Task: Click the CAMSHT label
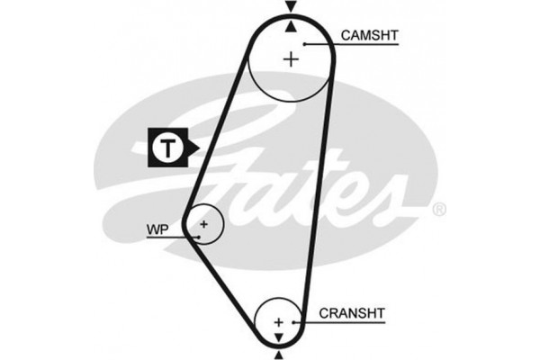(369, 35)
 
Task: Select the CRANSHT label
(352, 313)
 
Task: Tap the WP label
(157, 229)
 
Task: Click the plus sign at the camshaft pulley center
(292, 59)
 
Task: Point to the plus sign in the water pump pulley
(204, 224)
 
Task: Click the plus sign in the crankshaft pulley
(278, 322)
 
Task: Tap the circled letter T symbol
(168, 148)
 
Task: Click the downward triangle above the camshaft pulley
(292, 6)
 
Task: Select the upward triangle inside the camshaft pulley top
(292, 26)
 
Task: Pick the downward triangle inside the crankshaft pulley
(278, 337)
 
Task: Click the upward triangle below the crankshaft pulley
(279, 355)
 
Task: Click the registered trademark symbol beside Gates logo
(439, 209)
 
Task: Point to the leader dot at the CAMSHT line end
(305, 44)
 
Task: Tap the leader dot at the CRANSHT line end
(293, 322)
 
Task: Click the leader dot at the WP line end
(198, 237)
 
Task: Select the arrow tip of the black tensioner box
(199, 148)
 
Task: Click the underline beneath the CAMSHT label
(351, 44)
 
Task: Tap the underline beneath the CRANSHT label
(339, 322)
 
